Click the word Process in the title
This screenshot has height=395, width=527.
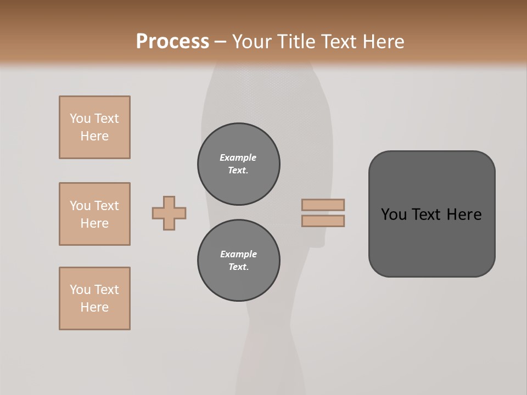click(x=172, y=42)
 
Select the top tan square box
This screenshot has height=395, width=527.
click(x=94, y=127)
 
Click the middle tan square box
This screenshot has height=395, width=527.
click(x=94, y=214)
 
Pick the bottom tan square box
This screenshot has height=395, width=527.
click(x=94, y=298)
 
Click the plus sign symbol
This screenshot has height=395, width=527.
click(x=169, y=213)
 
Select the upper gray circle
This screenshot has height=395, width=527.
click(x=239, y=164)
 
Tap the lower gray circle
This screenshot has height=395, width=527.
click(x=239, y=261)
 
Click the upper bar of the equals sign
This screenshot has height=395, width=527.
click(x=323, y=205)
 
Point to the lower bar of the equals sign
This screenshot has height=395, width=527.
click(x=323, y=221)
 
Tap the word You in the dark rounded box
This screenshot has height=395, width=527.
click(x=394, y=215)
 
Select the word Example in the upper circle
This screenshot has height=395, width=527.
click(x=238, y=157)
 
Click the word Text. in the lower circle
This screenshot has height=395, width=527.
click(x=238, y=267)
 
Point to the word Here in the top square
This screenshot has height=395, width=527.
click(x=94, y=136)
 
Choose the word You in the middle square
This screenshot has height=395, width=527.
click(x=80, y=206)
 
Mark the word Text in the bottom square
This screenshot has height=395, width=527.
click(x=106, y=290)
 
